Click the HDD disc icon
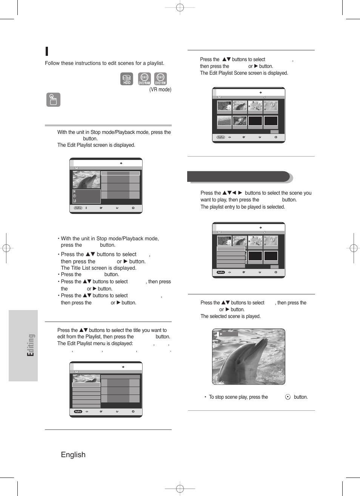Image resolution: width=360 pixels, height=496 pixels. [127, 79]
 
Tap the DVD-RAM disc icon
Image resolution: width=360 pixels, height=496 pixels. [144, 79]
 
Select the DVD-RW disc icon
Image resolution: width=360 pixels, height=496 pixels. [160, 79]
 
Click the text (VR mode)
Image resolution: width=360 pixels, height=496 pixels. [160, 90]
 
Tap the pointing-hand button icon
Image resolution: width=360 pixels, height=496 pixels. [53, 100]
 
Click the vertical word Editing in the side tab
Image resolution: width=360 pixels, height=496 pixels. [31, 345]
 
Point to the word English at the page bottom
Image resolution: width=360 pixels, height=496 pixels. [73, 455]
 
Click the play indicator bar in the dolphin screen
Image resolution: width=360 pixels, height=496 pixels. [228, 334]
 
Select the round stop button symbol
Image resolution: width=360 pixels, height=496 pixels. [288, 397]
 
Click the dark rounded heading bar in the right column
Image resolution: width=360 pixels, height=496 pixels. [238, 177]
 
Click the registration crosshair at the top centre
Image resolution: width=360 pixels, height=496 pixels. [180, 8]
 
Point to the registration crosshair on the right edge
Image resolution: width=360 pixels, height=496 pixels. [354, 248]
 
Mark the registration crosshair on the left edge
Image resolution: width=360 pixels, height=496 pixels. [6, 248]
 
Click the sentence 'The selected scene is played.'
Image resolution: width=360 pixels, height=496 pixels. [230, 316]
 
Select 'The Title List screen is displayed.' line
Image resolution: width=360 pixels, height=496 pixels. [98, 268]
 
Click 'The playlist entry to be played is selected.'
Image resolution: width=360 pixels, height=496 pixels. [243, 207]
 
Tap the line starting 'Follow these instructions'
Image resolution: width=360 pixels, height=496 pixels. [105, 63]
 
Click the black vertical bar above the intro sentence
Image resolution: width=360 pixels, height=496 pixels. [46, 51]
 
